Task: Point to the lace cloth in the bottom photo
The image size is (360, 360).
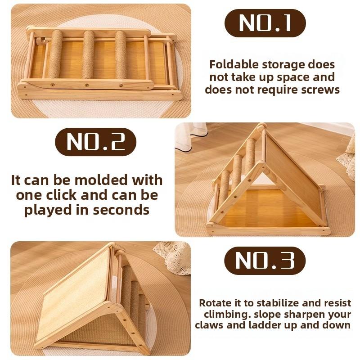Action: click(173, 256)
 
